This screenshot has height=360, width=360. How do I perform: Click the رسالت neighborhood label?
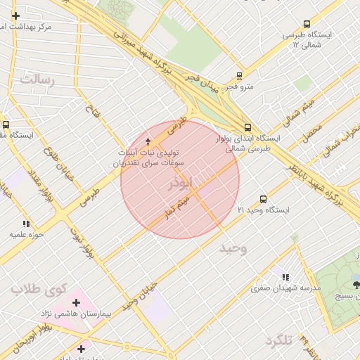[37, 79]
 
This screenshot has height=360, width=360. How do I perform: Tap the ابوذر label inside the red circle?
[179, 185]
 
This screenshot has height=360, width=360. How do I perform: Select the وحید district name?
[233, 249]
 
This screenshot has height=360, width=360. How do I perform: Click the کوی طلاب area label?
[39, 289]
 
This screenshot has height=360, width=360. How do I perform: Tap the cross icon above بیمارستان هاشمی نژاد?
[77, 302]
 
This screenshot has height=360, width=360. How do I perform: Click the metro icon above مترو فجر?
[239, 75]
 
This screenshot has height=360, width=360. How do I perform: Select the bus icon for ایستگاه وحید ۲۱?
[264, 199]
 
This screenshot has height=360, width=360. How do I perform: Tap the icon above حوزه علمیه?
[27, 224]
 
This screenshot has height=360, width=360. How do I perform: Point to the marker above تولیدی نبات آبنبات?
[147, 141]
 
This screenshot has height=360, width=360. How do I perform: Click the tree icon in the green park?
[356, 284]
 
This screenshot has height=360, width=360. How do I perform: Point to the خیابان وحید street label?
[136, 303]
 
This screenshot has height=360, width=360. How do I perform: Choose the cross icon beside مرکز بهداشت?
[15, 15]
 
